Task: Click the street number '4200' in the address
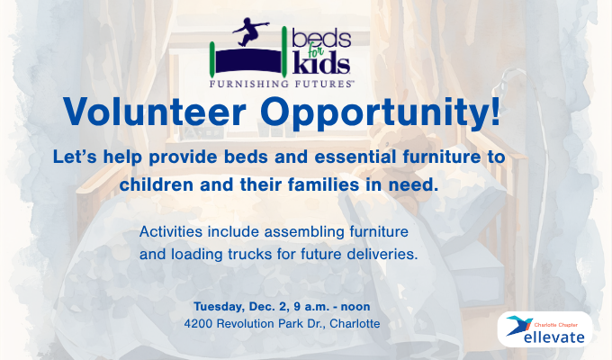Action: coord(200,322)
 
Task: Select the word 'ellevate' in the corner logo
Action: coord(557,337)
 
